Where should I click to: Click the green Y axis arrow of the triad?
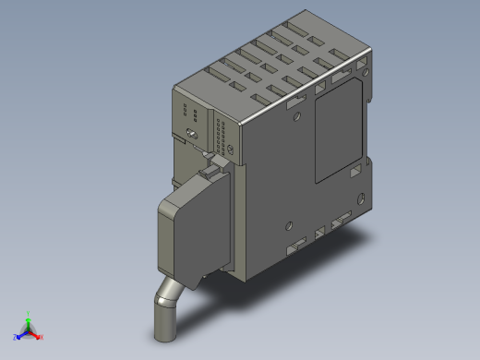(29, 318)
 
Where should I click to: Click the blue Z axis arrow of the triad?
(20, 333)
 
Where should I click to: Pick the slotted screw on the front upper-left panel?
(191, 136)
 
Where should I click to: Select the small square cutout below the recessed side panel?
(354, 173)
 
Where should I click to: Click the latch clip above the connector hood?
(214, 166)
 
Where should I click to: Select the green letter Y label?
(30, 313)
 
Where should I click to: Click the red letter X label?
(42, 337)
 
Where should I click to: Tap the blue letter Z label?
(15, 337)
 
